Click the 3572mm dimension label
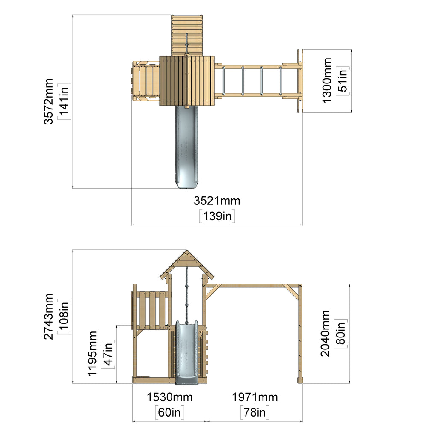49,101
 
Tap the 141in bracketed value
64,101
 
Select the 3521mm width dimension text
217,201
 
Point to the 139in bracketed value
217,216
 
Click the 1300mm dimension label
327,81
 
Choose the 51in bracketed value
343,81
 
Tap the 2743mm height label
49,317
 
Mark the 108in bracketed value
64,317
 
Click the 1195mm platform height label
92,354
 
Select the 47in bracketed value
108,354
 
